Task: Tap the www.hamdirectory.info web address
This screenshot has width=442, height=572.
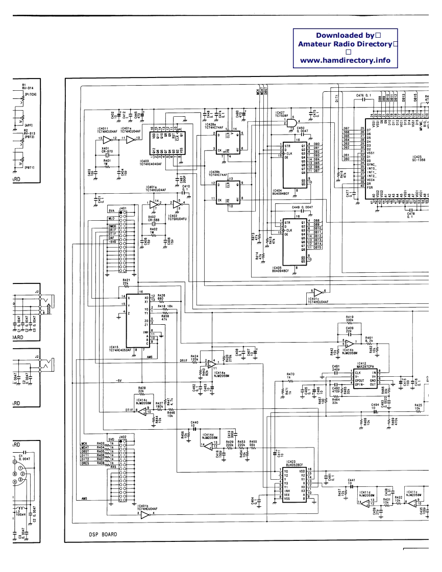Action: pos(345,60)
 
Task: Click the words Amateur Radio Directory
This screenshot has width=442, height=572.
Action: pos(345,44)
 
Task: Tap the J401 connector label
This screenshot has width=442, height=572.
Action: pos(122,208)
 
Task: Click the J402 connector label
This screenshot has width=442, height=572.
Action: pos(122,437)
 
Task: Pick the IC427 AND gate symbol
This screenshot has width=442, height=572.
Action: pos(293,122)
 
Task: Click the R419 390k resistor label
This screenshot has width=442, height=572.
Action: pos(350,319)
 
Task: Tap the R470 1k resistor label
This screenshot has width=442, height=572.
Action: pos(291,376)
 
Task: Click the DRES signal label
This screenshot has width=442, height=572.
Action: pos(85,463)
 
